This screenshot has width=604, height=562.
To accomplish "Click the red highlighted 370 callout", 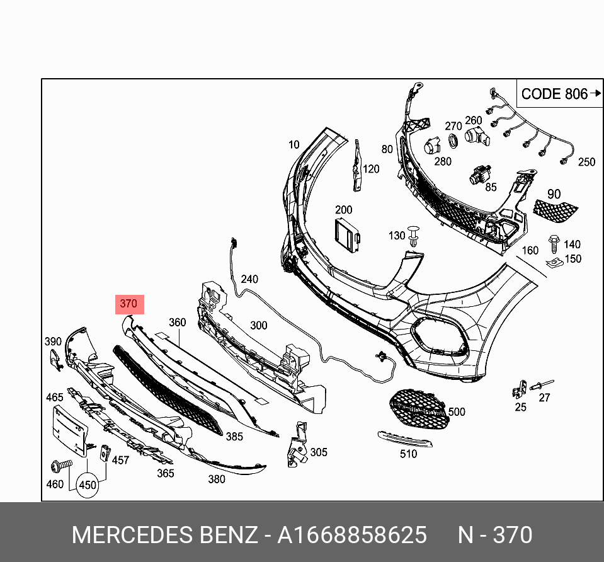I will (128, 304).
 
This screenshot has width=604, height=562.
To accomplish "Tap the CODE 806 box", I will (553, 95).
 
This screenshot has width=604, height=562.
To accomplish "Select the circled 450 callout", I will (88, 485).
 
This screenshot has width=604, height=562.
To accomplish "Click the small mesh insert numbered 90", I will (556, 208).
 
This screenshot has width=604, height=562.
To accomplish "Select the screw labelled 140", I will (554, 242).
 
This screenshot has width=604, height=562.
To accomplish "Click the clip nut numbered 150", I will (554, 262).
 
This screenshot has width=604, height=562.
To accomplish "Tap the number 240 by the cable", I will (249, 279).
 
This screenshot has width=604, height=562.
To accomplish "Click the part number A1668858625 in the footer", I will (352, 536).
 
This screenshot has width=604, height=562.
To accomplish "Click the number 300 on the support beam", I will (258, 326).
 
